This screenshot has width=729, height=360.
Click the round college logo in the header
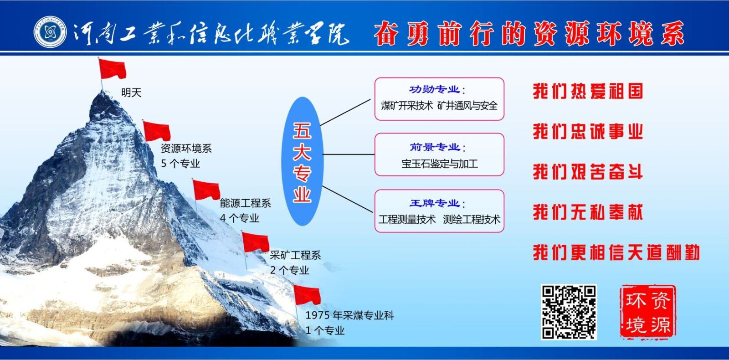[x=50, y=31]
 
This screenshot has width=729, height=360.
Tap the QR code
[x=569, y=312]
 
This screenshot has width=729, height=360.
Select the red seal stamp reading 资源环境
[x=648, y=312]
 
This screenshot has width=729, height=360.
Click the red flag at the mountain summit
[x=112, y=69]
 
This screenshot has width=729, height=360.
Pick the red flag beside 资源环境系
[x=157, y=131]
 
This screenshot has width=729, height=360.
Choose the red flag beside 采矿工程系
[x=256, y=242]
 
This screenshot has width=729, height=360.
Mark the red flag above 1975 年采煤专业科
[x=307, y=294]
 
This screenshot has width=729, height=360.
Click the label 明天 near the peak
[x=132, y=93]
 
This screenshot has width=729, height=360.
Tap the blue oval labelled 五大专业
[x=303, y=161]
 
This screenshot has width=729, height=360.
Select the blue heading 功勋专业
[x=434, y=89]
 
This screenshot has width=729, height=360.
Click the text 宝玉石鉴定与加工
[x=439, y=164]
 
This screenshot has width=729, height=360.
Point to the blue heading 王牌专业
[x=434, y=203]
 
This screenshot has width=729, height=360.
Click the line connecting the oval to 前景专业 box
[x=349, y=154]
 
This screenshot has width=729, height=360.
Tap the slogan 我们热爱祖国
[x=588, y=91]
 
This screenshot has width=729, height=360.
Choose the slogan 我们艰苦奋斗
[x=588, y=172]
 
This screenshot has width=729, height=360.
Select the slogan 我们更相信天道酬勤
[x=616, y=252]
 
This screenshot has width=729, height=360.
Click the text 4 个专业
[x=240, y=218]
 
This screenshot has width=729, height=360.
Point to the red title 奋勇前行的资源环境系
[x=529, y=33]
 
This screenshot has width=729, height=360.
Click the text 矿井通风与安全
[x=467, y=105]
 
